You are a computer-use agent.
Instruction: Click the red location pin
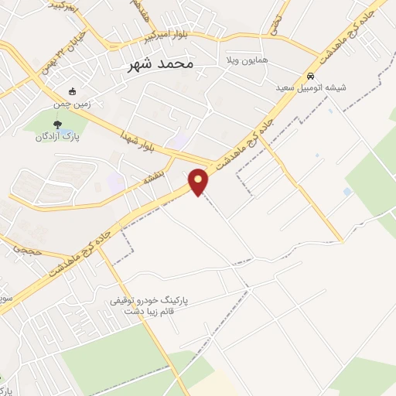[200, 182]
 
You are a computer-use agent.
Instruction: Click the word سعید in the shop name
[291, 88]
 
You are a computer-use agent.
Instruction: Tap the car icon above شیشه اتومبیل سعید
[310, 77]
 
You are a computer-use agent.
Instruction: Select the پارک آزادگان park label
[58, 136]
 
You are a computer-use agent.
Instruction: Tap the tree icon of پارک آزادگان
[57, 124]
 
